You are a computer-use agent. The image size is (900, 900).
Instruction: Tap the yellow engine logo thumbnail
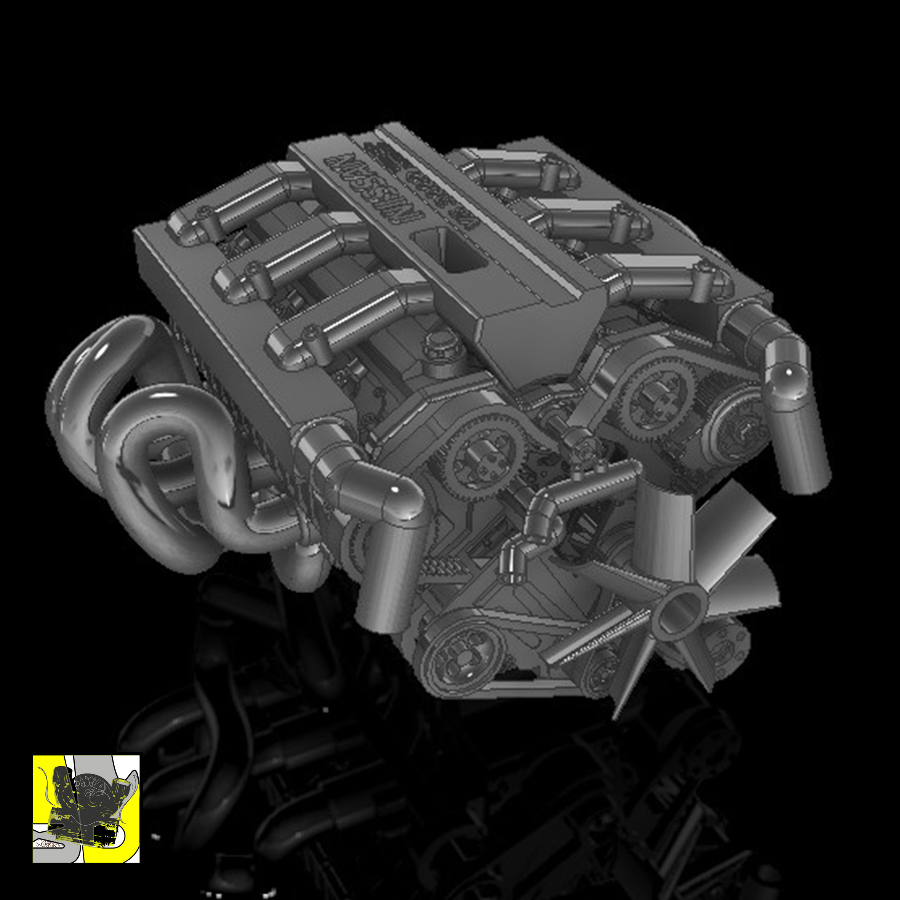pyautogui.click(x=86, y=808)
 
